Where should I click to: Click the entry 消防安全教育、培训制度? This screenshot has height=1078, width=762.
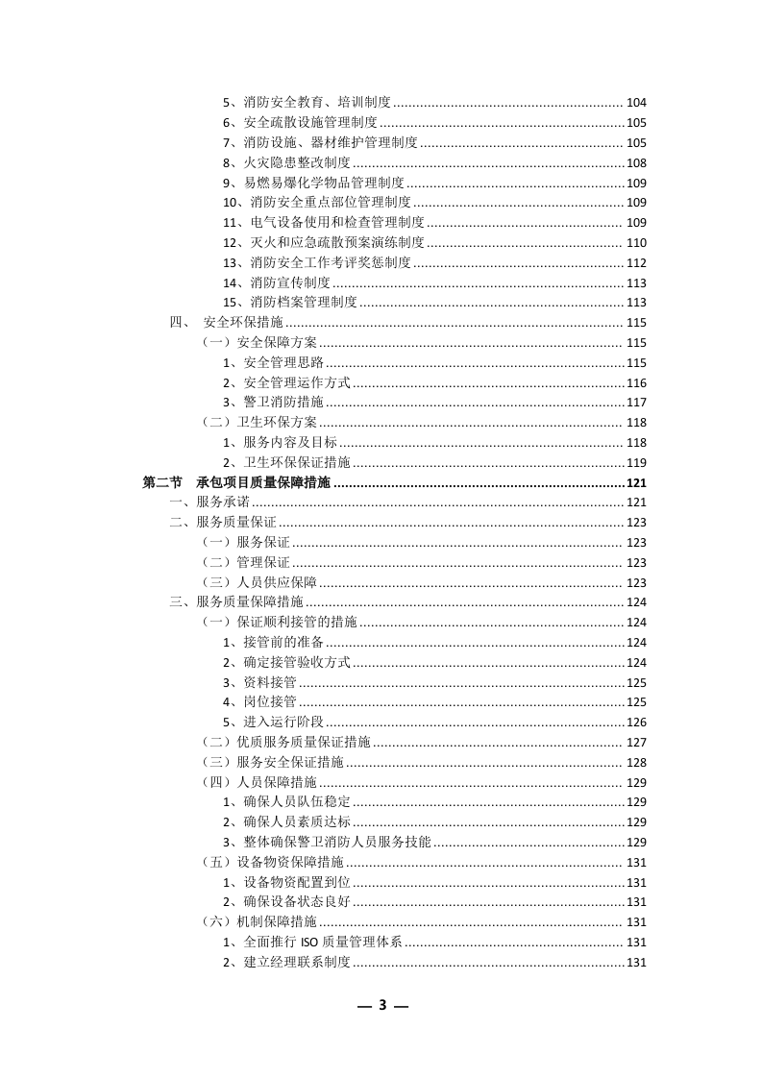[307, 103]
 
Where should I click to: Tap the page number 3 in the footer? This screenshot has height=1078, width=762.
[382, 1005]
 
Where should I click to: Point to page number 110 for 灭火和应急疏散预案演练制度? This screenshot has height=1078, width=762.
[636, 242]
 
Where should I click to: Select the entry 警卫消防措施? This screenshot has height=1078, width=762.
[273, 403]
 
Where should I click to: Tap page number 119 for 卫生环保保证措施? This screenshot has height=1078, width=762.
[636, 462]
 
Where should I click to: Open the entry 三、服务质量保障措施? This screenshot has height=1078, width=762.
[236, 602]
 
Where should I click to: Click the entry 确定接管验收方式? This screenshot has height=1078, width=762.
[286, 662]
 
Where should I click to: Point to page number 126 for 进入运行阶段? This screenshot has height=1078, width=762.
[636, 723]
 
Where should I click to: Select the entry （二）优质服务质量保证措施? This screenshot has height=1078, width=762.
[286, 742]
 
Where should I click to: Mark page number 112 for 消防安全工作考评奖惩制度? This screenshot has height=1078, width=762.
[636, 262]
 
